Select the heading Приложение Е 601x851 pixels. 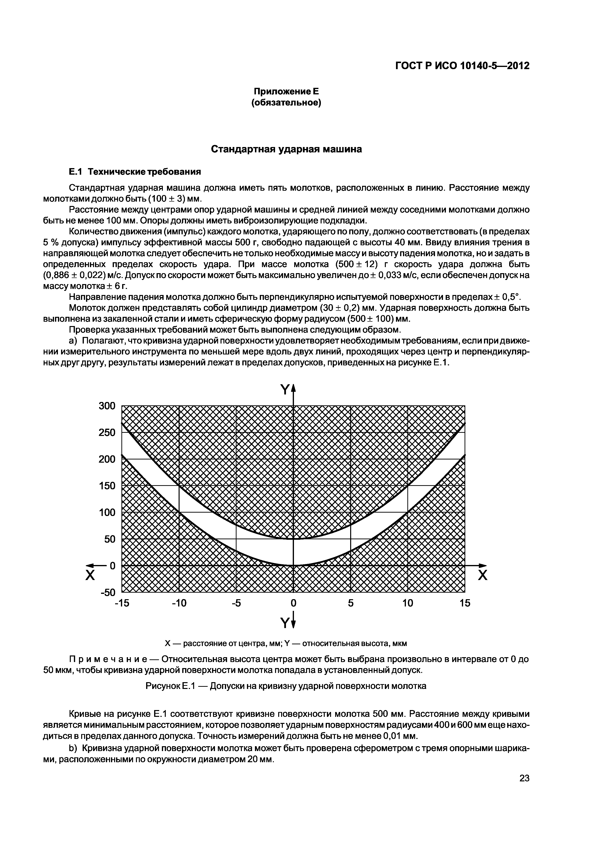click(286, 91)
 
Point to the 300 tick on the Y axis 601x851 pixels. click(107, 406)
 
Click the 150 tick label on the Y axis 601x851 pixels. click(107, 486)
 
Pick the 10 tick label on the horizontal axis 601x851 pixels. click(407, 603)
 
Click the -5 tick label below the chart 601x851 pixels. click(236, 603)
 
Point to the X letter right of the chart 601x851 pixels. click(483, 576)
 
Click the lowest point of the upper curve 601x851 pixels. click(293, 539)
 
